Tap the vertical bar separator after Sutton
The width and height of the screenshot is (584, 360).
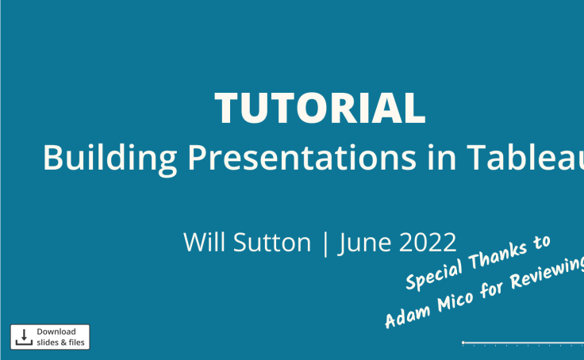[325, 243]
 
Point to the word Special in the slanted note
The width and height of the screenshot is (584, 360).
[437, 270]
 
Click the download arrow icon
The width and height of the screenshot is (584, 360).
[23, 336]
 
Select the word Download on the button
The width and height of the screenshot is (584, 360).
[56, 331]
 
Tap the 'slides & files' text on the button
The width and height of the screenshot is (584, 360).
[60, 343]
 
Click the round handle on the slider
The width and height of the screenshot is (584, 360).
[463, 343]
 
